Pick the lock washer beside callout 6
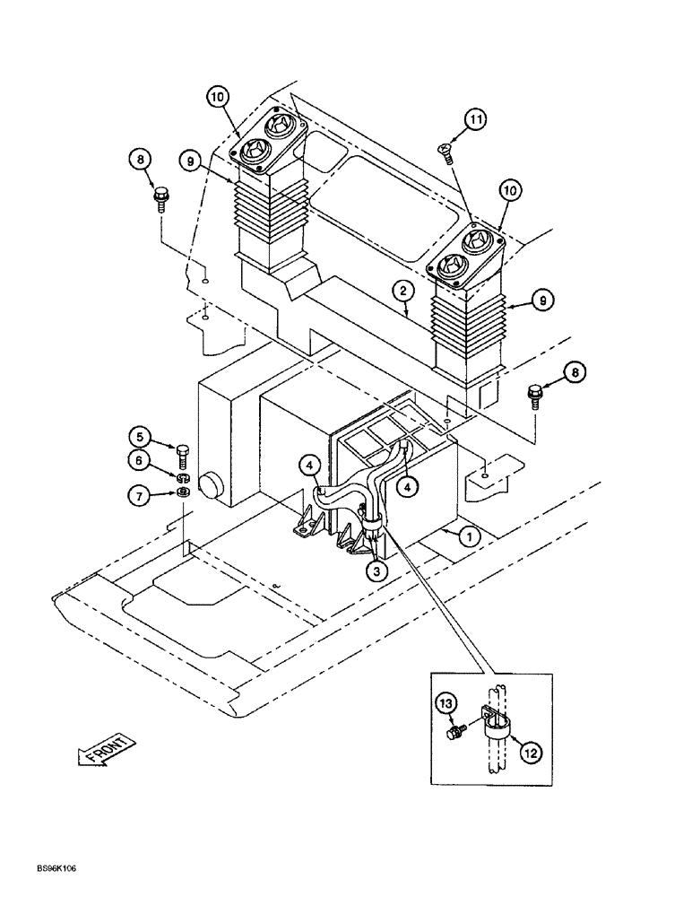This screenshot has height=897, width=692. point(183,475)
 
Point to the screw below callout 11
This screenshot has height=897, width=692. point(444,152)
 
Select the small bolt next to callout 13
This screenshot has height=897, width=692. point(454,734)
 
